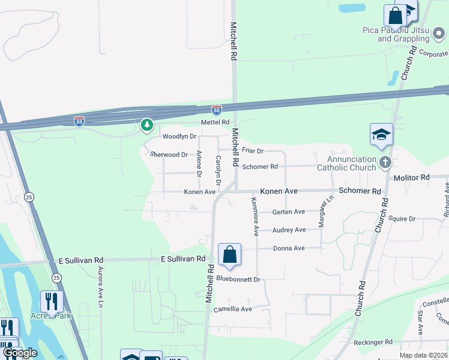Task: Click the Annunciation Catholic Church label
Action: pyautogui.click(x=351, y=163)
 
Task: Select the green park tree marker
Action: pyautogui.click(x=146, y=125)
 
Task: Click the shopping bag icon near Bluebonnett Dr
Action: pyautogui.click(x=229, y=255)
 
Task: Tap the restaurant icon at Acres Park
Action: pyautogui.click(x=52, y=301)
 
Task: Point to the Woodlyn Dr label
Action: pyautogui.click(x=179, y=137)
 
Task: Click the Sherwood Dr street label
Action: pyautogui.click(x=169, y=155)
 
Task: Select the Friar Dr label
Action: pyautogui.click(x=253, y=151)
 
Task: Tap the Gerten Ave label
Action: pyautogui.click(x=289, y=212)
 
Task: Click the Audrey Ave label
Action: pyautogui.click(x=289, y=230)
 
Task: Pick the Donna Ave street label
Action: pyautogui.click(x=289, y=248)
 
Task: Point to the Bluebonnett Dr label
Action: pyautogui.click(x=238, y=279)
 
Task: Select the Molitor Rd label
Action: pyautogui.click(x=412, y=178)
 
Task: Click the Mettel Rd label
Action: pyautogui.click(x=215, y=122)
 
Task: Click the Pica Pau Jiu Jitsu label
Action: pyautogui.click(x=402, y=34)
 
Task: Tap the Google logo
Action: pyautogui.click(x=20, y=353)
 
